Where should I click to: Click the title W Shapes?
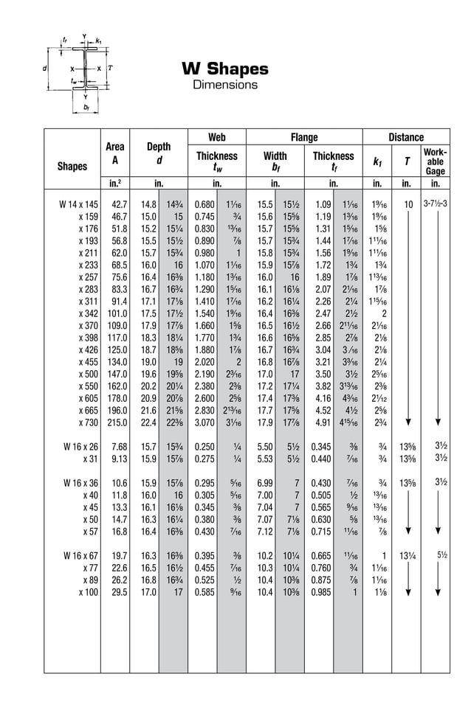(225, 69)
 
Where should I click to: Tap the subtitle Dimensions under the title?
(225, 85)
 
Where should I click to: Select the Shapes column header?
(72, 166)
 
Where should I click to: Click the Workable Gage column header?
(435, 161)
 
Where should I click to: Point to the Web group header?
(216, 137)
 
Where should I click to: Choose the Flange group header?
(304, 137)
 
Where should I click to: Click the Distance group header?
(406, 137)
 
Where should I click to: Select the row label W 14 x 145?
(78, 204)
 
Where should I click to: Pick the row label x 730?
(88, 422)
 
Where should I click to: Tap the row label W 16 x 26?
(80, 447)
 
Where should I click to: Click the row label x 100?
(88, 592)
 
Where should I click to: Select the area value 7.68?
(119, 447)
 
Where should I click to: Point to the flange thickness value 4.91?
(323, 422)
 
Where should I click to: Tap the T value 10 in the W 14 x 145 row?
(408, 204)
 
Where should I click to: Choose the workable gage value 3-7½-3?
(436, 204)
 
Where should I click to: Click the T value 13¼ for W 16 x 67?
(407, 556)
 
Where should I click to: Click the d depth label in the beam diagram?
(46, 67)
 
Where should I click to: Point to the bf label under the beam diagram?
(86, 108)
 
